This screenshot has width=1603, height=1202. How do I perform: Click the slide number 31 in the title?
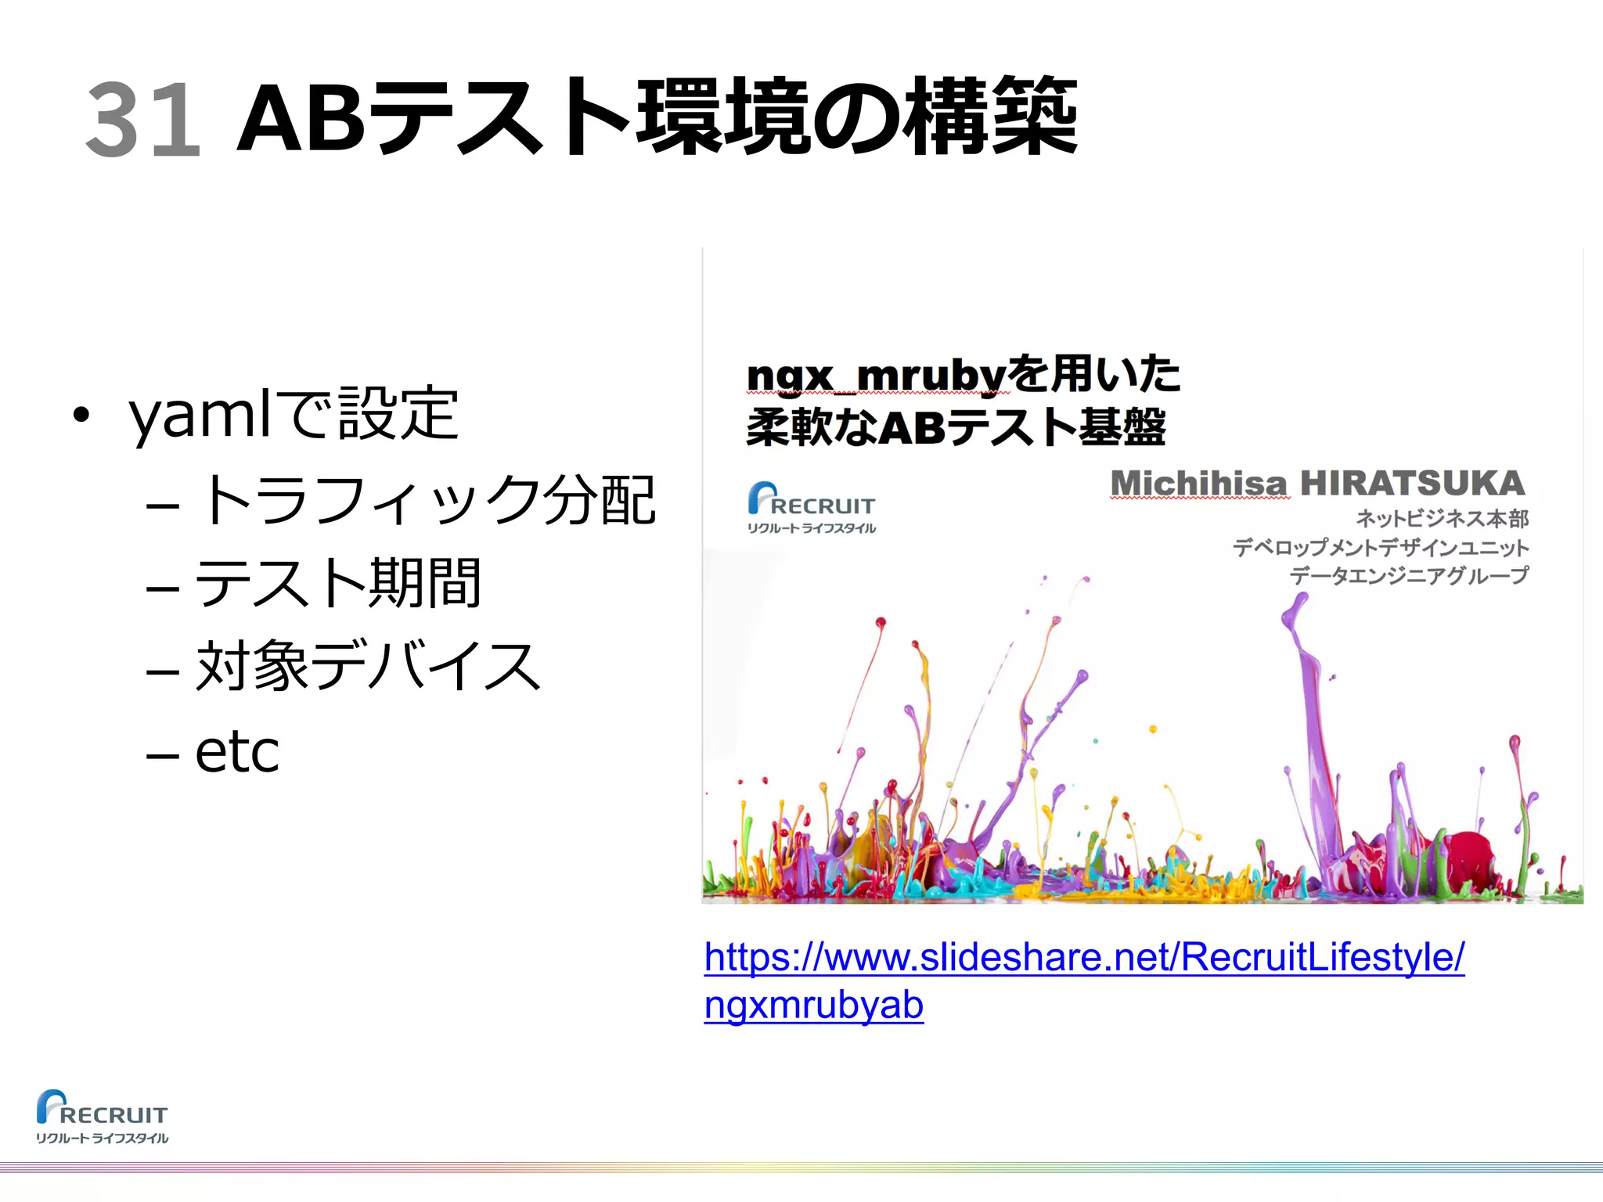[x=143, y=119]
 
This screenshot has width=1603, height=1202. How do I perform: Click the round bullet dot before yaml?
[x=81, y=415]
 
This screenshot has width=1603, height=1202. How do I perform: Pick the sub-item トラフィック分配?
[x=427, y=501]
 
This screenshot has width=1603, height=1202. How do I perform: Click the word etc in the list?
[x=236, y=751]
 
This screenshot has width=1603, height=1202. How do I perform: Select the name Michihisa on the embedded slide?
[x=1198, y=484]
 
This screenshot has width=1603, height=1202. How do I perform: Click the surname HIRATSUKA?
[x=1413, y=484]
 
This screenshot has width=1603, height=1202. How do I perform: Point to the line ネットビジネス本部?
[x=1442, y=518]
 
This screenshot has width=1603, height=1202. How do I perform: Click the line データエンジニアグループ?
[x=1409, y=576]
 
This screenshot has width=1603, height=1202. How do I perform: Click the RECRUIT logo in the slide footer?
[x=102, y=1116]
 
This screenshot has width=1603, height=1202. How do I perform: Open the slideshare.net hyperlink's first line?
[x=1084, y=957]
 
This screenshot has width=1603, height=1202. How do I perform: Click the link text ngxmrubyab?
[x=814, y=1006]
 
